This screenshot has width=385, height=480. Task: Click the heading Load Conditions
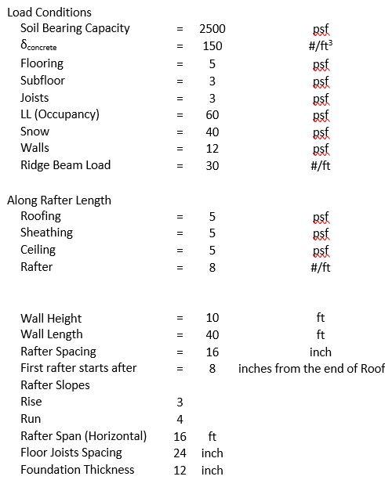(x=49, y=12)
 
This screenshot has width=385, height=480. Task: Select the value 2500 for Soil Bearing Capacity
(x=212, y=28)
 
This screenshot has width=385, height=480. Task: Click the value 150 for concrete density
(x=212, y=45)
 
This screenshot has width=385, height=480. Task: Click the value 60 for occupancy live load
(x=212, y=114)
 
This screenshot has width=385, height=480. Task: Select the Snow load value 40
(x=212, y=132)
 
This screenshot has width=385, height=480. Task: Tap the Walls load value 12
(x=212, y=148)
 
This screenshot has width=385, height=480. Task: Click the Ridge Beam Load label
(x=66, y=165)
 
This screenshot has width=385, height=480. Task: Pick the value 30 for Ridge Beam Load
(x=212, y=165)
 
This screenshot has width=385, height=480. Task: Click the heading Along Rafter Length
(x=60, y=200)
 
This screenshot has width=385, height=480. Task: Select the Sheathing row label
(x=46, y=233)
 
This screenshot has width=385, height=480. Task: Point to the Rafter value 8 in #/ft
(x=212, y=267)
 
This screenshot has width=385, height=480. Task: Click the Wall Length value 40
(x=212, y=335)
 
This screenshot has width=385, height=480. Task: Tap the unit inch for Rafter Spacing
(x=321, y=352)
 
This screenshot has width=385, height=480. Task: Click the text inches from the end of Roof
(x=311, y=368)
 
